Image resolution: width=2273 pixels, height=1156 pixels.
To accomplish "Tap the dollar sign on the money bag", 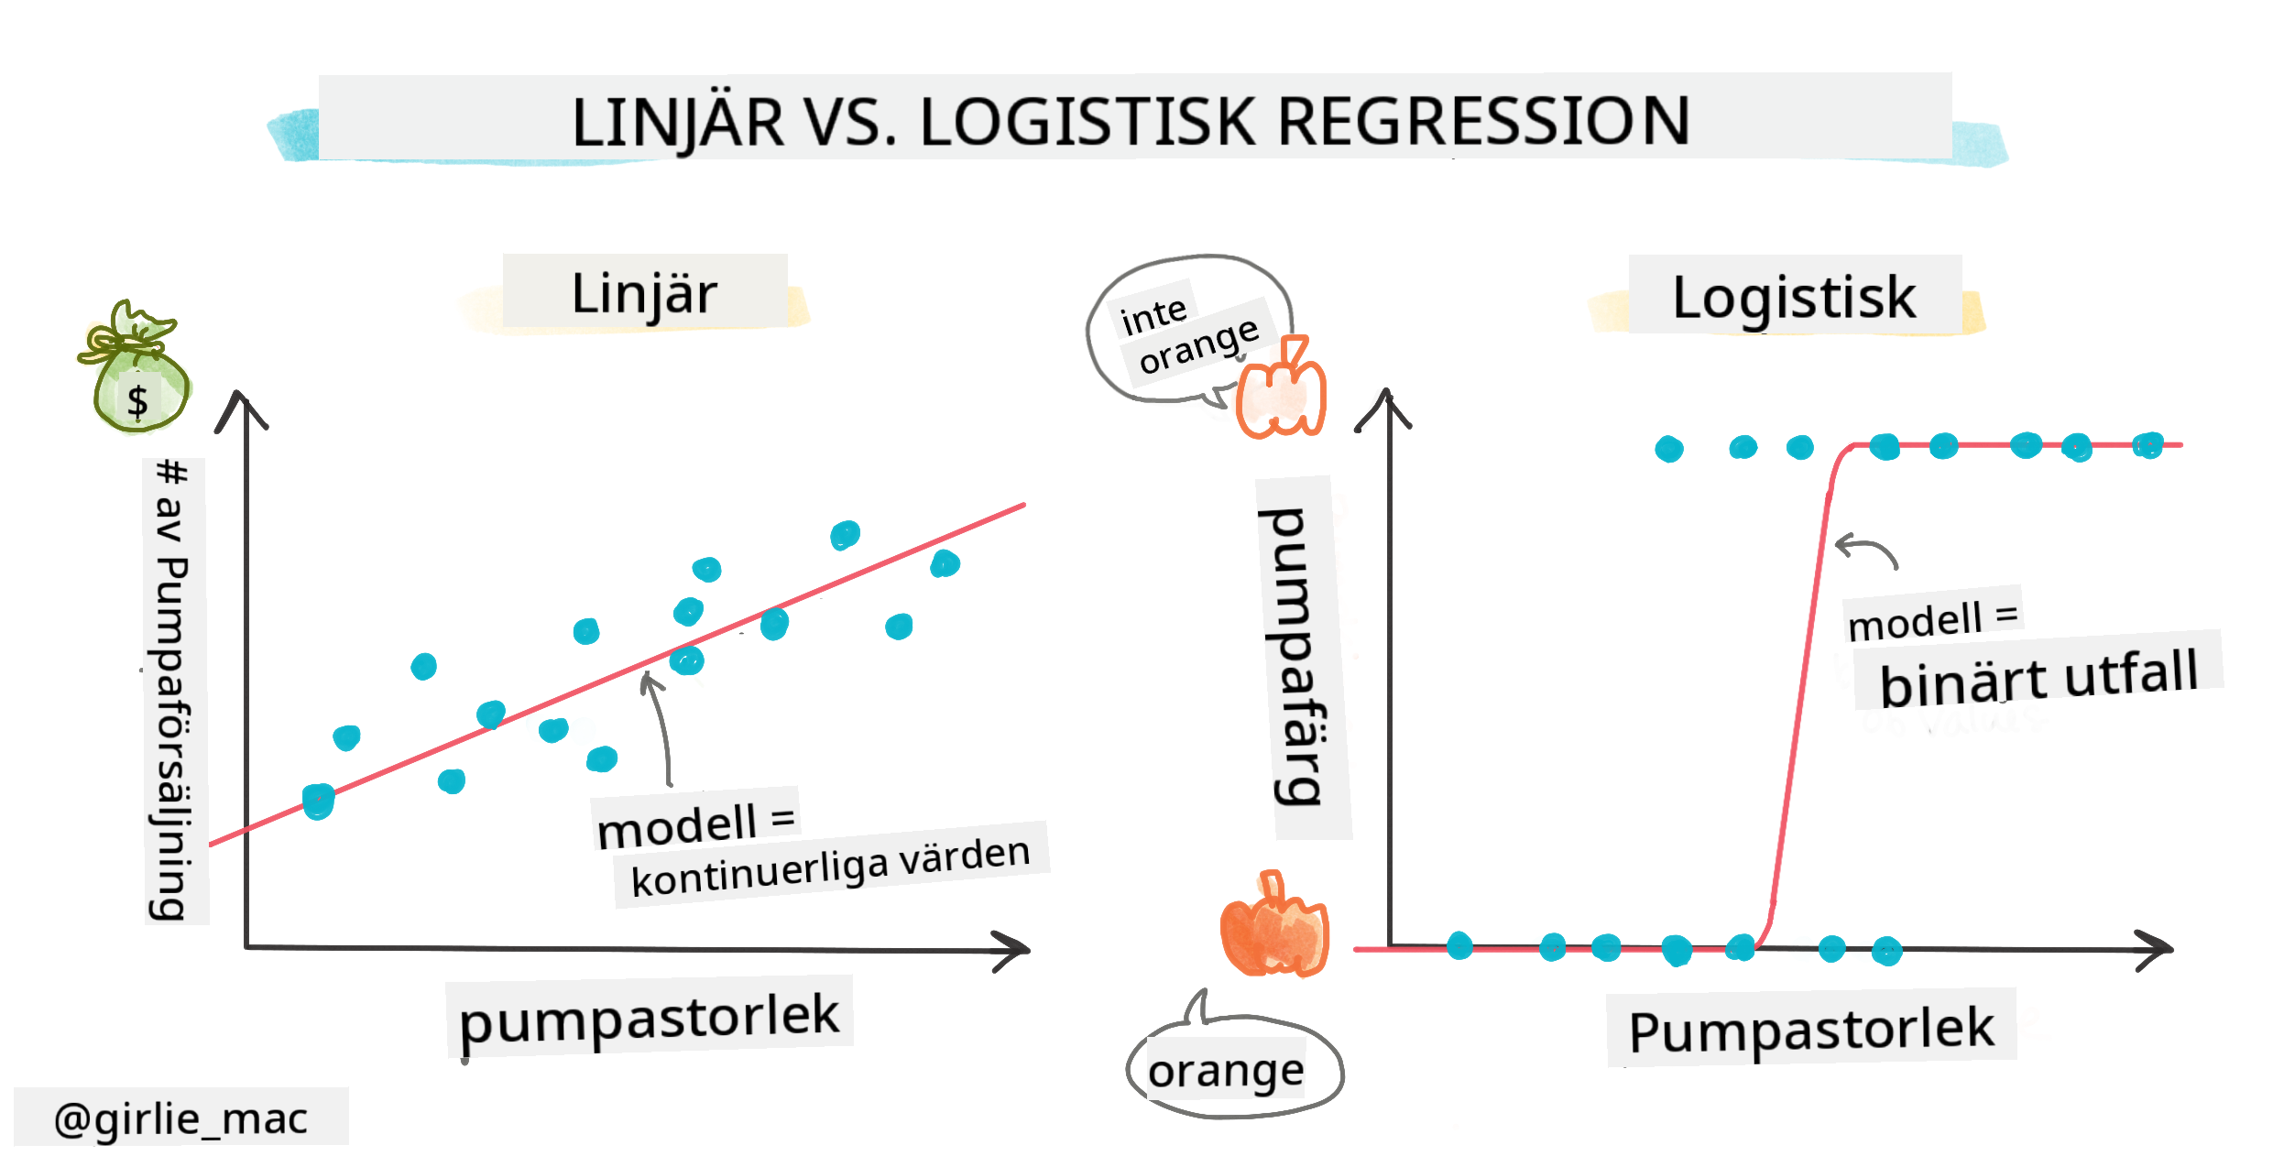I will click(137, 401).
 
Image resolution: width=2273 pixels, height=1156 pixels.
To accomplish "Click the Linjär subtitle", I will click(644, 294).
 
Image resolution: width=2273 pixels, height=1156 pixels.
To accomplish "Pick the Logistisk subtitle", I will click(1793, 298).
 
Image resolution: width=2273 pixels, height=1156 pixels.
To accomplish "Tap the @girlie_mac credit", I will click(180, 1118).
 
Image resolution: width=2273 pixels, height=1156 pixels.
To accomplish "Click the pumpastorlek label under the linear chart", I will click(649, 1017).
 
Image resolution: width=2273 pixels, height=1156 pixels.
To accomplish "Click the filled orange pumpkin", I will click(1274, 927).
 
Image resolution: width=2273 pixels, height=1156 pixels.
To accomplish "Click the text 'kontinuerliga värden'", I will click(830, 866).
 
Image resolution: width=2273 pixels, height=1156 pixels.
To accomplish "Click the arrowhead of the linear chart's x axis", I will click(1015, 950).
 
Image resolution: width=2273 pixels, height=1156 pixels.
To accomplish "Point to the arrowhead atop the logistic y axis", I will click(1386, 407).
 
